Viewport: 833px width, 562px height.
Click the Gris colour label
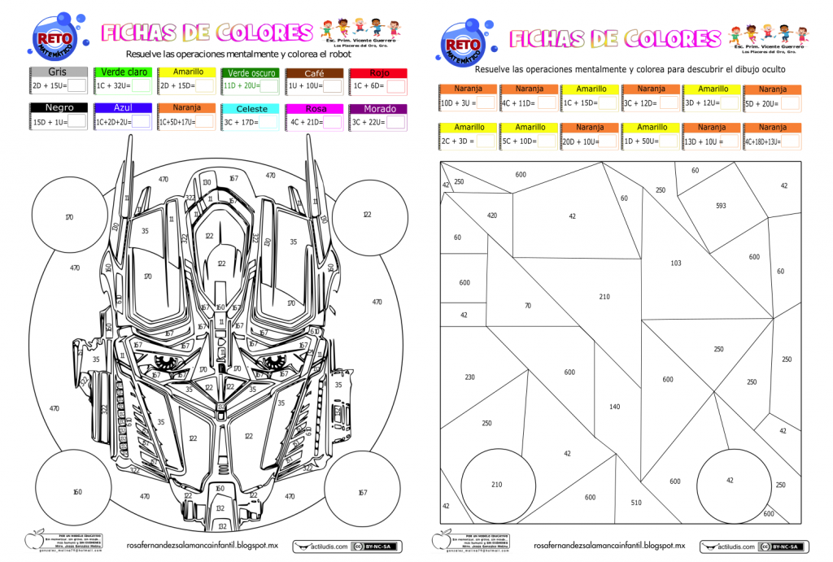(x=57, y=72)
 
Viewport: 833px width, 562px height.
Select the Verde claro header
(x=124, y=72)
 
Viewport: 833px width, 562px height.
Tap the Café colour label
(x=314, y=72)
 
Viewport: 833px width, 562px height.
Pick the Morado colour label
(x=378, y=108)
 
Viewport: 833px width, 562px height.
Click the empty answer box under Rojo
(x=396, y=85)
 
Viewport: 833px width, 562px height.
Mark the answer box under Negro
(x=77, y=121)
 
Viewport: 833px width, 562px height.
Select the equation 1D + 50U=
(x=640, y=142)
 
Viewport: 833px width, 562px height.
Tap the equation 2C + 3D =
(x=457, y=142)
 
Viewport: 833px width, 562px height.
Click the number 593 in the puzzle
(x=721, y=206)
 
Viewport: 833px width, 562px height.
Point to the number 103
(x=676, y=263)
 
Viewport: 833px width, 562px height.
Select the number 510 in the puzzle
(x=636, y=503)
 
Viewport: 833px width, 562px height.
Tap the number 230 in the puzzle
(x=469, y=377)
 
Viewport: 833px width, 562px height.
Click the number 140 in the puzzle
(x=614, y=407)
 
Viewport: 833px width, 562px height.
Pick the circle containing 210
(x=497, y=485)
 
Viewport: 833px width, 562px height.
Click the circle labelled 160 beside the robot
(x=76, y=491)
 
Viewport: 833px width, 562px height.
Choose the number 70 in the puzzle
(x=528, y=305)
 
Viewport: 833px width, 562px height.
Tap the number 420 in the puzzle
(x=492, y=216)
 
